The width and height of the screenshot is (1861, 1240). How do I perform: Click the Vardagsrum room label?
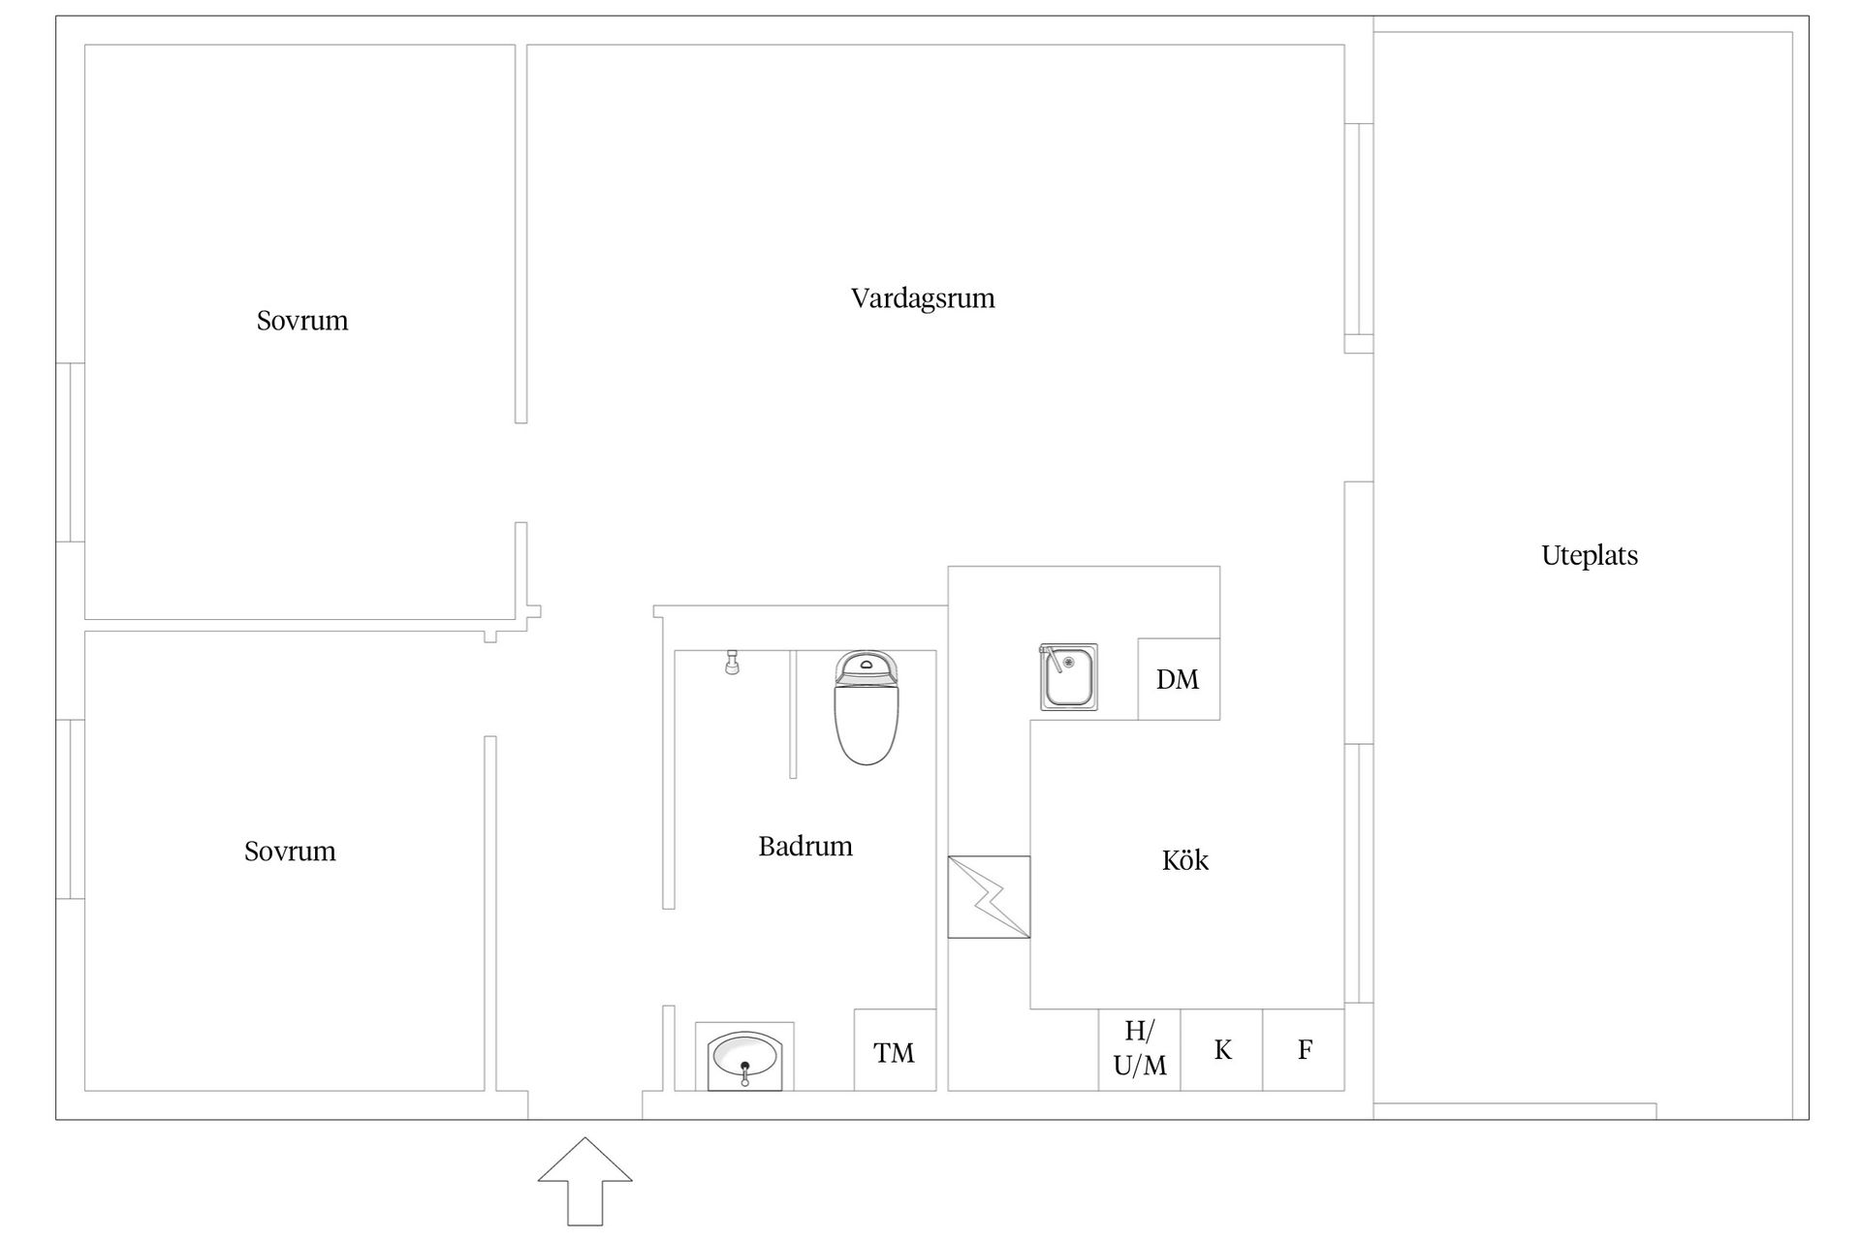(923, 298)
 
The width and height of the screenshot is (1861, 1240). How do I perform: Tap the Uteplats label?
(1590, 556)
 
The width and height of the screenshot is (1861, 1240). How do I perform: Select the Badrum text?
(805, 847)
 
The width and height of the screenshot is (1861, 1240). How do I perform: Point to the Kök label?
(1185, 860)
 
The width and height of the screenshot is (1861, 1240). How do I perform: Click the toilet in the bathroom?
(866, 707)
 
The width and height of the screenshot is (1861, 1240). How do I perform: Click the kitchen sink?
(1069, 676)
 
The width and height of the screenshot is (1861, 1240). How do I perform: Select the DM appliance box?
(1179, 679)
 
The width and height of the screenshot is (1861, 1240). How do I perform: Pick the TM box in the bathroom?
(895, 1050)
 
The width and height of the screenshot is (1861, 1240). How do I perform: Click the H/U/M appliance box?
(1139, 1050)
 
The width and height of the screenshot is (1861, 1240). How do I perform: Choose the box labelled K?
(1221, 1050)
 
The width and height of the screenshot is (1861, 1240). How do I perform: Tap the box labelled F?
(1304, 1050)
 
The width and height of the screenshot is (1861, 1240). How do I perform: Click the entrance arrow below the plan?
(585, 1182)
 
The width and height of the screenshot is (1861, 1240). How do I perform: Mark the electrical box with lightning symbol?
(989, 897)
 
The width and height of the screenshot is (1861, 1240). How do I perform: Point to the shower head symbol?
(732, 663)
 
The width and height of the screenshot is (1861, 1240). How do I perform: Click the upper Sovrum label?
(302, 321)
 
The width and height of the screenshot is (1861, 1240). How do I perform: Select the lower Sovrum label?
(290, 852)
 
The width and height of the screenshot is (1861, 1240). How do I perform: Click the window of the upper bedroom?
(71, 452)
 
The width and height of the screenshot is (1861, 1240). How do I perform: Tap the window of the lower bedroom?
(71, 809)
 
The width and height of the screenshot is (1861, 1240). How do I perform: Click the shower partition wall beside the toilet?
(793, 714)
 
